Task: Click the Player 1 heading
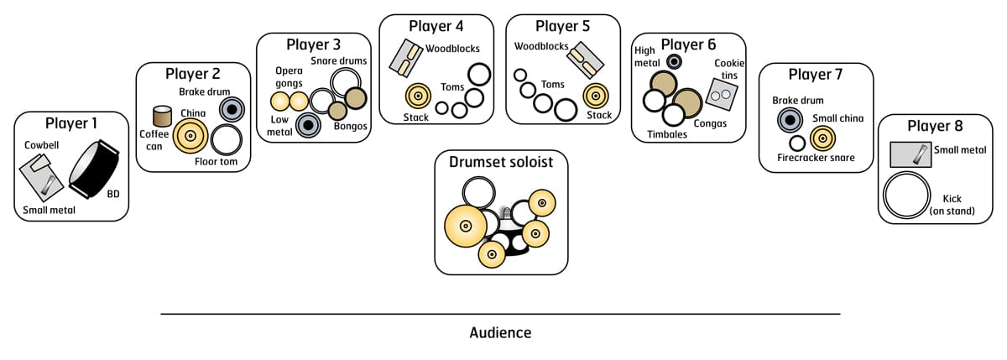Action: pyautogui.click(x=71, y=124)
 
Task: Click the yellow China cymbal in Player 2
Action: pyautogui.click(x=190, y=136)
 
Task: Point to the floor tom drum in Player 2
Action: pyautogui.click(x=226, y=139)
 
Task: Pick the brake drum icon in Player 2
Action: pyautogui.click(x=232, y=109)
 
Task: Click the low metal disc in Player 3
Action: pyautogui.click(x=308, y=125)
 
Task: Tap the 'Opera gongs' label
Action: pyautogui.click(x=289, y=78)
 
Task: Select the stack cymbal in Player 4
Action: pyautogui.click(x=417, y=97)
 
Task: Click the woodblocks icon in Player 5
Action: pyautogui.click(x=585, y=59)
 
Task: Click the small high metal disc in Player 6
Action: pyautogui.click(x=674, y=61)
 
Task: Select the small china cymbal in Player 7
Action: pyautogui.click(x=822, y=138)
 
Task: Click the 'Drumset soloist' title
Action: pyautogui.click(x=501, y=162)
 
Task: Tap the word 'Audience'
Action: pyautogui.click(x=500, y=332)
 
